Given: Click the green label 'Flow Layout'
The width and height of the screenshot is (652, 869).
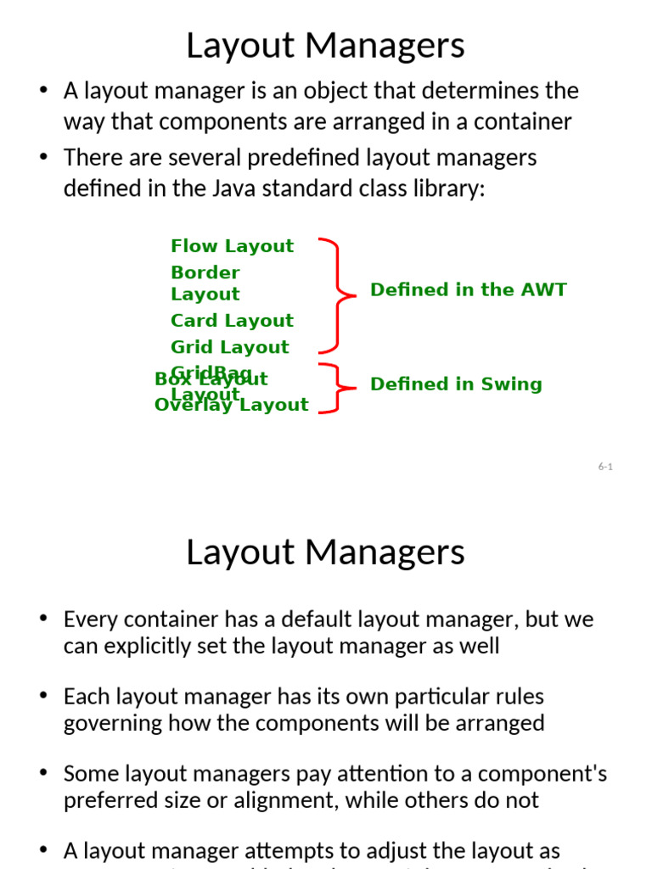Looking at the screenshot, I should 232,246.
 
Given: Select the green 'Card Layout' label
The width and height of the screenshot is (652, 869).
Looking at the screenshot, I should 232,321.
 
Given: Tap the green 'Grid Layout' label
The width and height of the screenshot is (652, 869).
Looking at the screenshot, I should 229,347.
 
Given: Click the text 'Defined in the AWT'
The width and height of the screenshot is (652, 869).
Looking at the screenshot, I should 468,290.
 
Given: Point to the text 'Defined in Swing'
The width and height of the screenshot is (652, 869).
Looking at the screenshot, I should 456,384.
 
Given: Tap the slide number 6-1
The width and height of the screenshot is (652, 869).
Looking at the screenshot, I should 605,467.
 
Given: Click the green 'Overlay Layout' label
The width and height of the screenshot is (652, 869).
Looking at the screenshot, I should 232,406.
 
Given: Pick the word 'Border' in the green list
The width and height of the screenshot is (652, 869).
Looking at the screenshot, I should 205,273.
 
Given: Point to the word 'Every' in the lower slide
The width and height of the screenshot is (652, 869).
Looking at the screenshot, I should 92,620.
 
